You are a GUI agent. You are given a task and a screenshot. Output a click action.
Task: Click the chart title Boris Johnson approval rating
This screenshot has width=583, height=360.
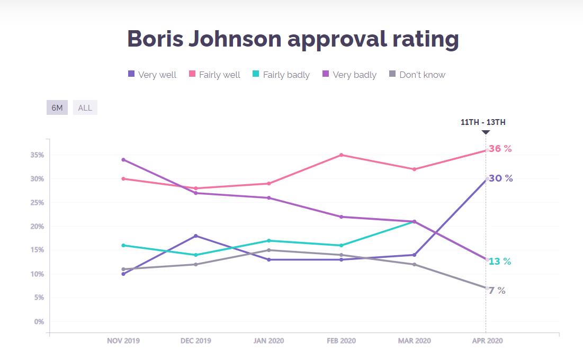(x=293, y=39)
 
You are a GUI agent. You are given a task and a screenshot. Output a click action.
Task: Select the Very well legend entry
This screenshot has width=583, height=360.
(x=153, y=75)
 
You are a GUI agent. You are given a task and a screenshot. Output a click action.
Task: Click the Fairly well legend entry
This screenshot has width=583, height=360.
(x=214, y=75)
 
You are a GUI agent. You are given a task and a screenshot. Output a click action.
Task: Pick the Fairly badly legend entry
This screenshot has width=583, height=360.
(x=281, y=75)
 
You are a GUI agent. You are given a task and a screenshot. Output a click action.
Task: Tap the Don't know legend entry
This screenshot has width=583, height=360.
(x=417, y=75)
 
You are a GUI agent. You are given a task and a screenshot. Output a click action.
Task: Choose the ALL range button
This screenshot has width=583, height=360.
(x=85, y=108)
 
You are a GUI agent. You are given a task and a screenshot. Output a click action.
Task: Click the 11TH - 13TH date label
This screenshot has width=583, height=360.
(x=483, y=122)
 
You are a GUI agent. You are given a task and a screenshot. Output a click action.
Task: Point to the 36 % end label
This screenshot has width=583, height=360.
(x=500, y=149)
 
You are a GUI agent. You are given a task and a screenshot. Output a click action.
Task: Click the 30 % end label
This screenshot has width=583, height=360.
(x=501, y=178)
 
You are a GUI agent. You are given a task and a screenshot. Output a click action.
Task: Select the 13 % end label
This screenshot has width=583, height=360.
(x=500, y=262)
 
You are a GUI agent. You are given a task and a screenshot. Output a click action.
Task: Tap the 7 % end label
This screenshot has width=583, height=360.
(x=497, y=291)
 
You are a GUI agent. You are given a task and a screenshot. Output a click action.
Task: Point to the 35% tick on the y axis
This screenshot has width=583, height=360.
(x=37, y=155)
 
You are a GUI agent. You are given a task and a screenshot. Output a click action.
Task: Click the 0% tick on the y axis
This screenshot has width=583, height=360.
(x=39, y=321)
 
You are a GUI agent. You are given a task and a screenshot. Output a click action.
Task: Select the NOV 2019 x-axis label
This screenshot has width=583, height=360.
(x=123, y=341)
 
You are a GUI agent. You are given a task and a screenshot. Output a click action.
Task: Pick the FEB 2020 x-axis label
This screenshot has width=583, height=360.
(x=342, y=341)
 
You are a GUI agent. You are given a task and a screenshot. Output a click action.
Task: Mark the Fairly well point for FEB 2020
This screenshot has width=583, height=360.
(x=342, y=155)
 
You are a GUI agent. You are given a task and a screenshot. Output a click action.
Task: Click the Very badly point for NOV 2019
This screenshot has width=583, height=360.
(x=123, y=159)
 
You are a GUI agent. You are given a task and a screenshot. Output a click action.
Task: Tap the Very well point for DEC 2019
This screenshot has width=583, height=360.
(x=196, y=236)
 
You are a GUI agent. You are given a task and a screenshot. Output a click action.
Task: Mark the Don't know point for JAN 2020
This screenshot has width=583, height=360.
(x=268, y=250)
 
